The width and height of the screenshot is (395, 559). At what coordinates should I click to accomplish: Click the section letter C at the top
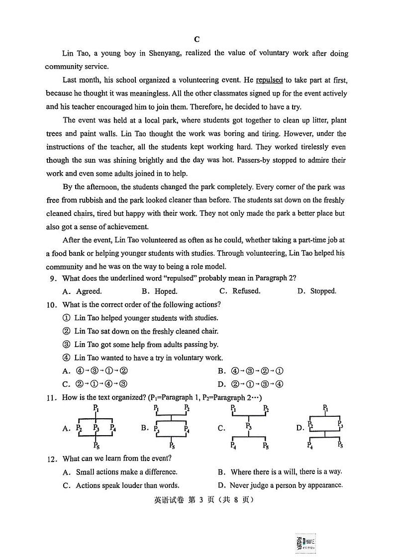197,40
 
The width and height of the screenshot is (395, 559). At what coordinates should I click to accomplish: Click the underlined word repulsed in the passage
269,80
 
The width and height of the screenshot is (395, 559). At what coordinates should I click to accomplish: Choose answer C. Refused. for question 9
240,291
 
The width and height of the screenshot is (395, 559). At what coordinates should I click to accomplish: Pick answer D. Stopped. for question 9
317,291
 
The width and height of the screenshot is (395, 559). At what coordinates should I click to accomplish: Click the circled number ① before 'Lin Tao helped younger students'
66,318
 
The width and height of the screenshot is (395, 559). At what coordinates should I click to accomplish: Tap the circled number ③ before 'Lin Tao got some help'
66,344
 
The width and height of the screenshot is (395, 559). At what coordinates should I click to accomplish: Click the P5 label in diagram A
97,446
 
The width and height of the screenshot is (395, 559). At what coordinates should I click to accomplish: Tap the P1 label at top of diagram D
325,408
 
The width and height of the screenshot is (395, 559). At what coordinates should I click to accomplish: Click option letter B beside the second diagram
145,428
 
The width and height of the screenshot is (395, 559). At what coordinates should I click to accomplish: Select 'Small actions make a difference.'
126,472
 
